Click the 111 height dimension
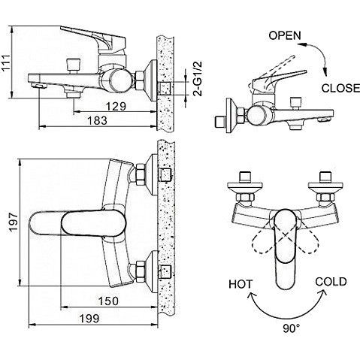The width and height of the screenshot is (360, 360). pyautogui.click(x=7, y=62)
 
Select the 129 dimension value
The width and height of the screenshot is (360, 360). pyautogui.click(x=116, y=106)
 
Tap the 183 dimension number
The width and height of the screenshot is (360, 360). pyautogui.click(x=97, y=121)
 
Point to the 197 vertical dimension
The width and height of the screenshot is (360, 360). pyautogui.click(x=14, y=222)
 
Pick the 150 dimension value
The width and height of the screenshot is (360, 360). pyautogui.click(x=108, y=301)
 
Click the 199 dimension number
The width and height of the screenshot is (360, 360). pyautogui.click(x=89, y=319)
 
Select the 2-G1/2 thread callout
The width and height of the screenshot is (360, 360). pyautogui.click(x=198, y=79)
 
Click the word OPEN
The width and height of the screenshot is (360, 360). pyautogui.click(x=285, y=35)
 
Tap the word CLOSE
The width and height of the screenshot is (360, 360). pyautogui.click(x=340, y=88)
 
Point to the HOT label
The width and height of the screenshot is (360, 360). pyautogui.click(x=241, y=284)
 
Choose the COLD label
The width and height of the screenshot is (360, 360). pyautogui.click(x=331, y=282)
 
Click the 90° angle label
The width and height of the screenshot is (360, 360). pyautogui.click(x=292, y=328)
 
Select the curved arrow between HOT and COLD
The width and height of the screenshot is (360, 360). pyautogui.click(x=287, y=315)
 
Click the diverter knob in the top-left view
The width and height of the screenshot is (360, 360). pyautogui.click(x=73, y=65)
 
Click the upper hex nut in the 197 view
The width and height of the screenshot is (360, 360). pyautogui.click(x=141, y=174)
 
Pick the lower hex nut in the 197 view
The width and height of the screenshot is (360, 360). pyautogui.click(x=141, y=272)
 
